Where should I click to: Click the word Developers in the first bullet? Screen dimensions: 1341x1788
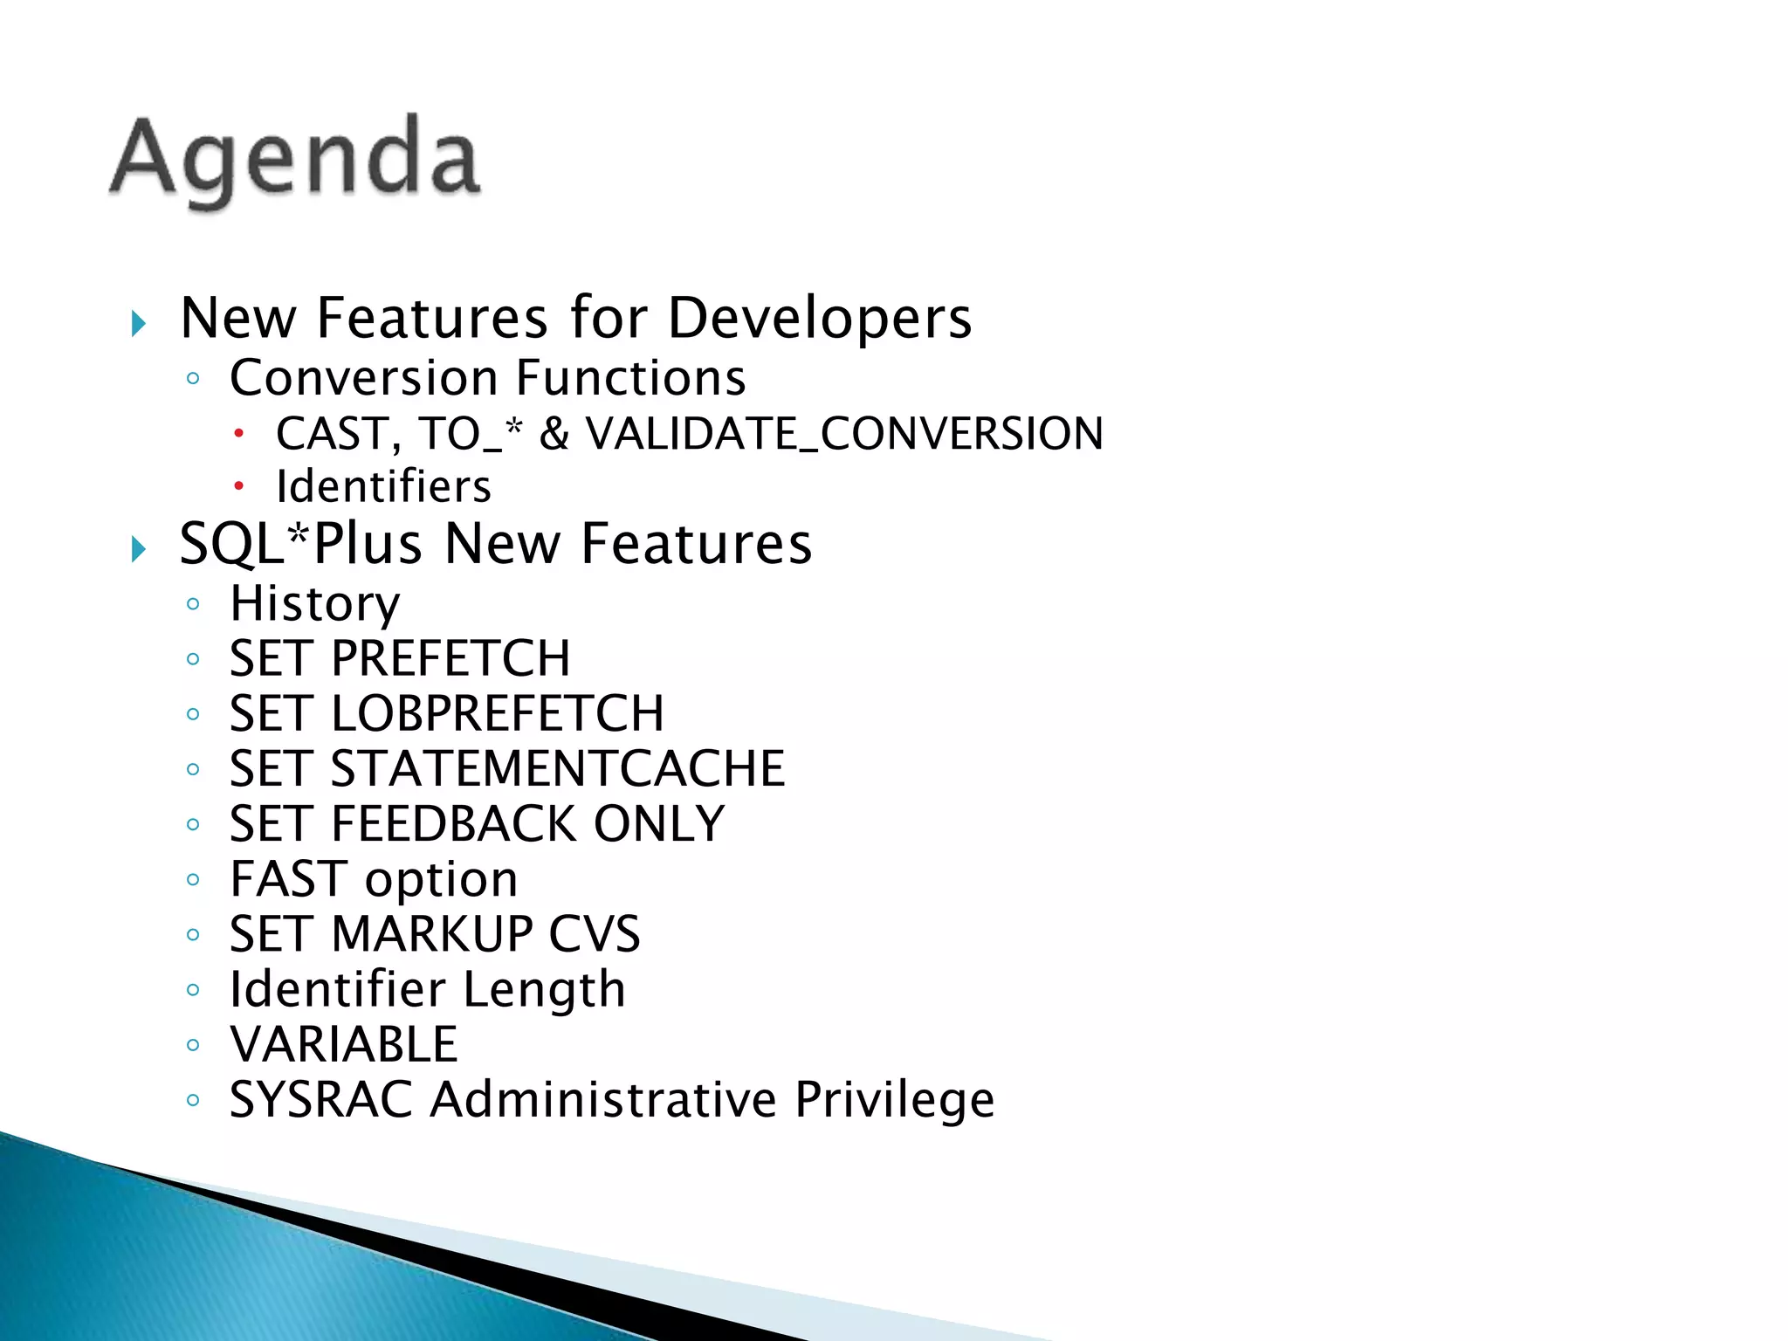[x=819, y=318]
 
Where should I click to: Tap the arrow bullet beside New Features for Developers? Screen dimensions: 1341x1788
[x=138, y=324]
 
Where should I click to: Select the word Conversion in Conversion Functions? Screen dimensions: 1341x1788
[x=364, y=378]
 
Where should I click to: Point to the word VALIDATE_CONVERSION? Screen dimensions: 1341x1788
[x=843, y=434]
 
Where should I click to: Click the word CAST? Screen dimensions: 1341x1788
[x=331, y=434]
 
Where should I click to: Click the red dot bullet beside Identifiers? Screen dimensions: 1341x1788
[x=238, y=485]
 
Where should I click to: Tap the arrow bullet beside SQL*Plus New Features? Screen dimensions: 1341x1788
[x=138, y=550]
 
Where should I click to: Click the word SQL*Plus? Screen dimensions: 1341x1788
[x=300, y=544]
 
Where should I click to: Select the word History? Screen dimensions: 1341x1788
[x=314, y=604]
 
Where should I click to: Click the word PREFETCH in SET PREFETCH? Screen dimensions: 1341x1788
[x=450, y=658]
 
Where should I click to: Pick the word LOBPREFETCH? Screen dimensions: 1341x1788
[x=498, y=713]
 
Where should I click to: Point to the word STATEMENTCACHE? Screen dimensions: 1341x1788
[x=558, y=768]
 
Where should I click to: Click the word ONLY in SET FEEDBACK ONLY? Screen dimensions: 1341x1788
[x=659, y=823]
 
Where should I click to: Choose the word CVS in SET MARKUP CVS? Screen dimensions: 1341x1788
[x=594, y=933]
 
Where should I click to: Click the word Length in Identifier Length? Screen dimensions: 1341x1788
[x=543, y=989]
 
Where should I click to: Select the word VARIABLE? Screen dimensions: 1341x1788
[x=343, y=1044]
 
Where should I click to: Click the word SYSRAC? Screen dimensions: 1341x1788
[x=320, y=1099]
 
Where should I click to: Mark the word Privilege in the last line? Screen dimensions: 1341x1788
[x=894, y=1099]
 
